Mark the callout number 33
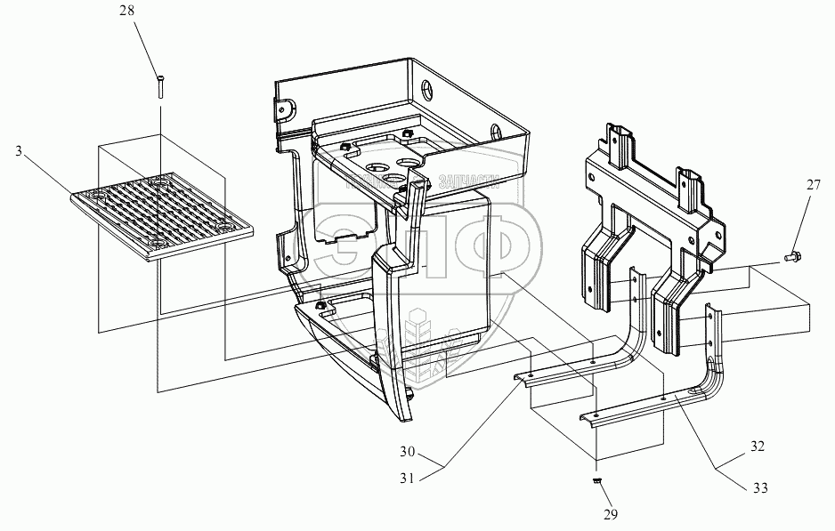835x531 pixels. (758, 487)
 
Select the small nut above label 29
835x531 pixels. (597, 481)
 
